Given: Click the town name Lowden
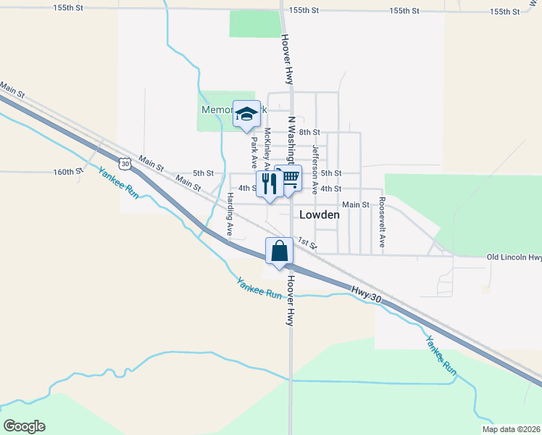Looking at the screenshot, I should pyautogui.click(x=320, y=215).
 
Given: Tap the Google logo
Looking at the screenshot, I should pyautogui.click(x=25, y=426).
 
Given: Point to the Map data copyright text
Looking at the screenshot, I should pyautogui.click(x=511, y=429).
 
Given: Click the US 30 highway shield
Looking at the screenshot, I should pyautogui.click(x=126, y=165).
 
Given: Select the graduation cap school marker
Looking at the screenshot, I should pyautogui.click(x=246, y=114).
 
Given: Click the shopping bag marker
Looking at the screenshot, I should pyautogui.click(x=279, y=252).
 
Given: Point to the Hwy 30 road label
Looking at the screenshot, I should pyautogui.click(x=365, y=291).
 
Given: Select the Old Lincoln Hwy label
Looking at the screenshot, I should pyautogui.click(x=514, y=257).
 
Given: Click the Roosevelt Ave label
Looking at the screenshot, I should pyautogui.click(x=381, y=225).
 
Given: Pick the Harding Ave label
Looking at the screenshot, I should pyautogui.click(x=230, y=215).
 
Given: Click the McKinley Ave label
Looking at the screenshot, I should pyautogui.click(x=267, y=148).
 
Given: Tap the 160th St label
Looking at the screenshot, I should pyautogui.click(x=69, y=172).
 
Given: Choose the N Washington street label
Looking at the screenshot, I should pyautogui.click(x=292, y=139).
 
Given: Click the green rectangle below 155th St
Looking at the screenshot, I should pyautogui.click(x=254, y=24).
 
